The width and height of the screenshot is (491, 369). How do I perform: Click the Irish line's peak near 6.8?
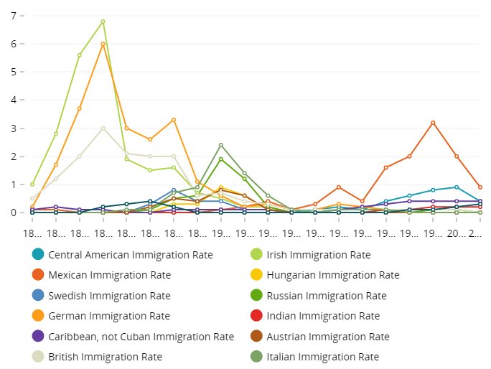[x=103, y=22]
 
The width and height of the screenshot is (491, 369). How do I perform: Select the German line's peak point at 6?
[x=103, y=44]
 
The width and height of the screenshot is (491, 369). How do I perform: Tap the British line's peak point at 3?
[x=103, y=129]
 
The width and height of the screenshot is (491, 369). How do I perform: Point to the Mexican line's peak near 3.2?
[x=433, y=123]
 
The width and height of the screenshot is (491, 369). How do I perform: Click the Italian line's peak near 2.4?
[x=220, y=145]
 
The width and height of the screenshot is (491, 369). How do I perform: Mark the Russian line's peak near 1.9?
[x=220, y=159]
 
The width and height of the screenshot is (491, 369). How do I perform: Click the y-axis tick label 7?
[x=13, y=16]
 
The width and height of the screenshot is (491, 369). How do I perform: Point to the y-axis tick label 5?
[x=13, y=72]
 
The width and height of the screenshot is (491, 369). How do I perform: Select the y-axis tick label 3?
[x=13, y=129]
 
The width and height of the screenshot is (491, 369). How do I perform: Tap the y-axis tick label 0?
[x=13, y=212]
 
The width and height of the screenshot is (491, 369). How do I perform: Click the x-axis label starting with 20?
[x=457, y=234]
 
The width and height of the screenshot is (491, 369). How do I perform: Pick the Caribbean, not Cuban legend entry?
[x=141, y=336]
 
